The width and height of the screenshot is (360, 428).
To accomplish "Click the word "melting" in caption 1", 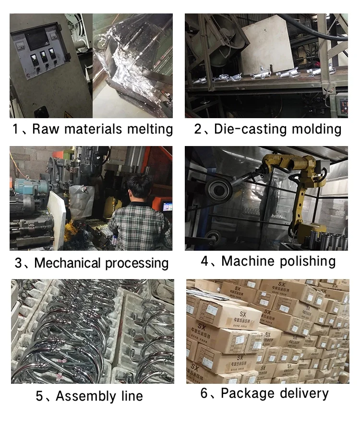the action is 150,130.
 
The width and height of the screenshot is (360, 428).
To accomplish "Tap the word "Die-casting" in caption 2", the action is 244,129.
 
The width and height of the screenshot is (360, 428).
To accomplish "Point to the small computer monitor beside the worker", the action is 167,206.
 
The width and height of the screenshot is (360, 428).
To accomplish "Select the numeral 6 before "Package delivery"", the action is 204,393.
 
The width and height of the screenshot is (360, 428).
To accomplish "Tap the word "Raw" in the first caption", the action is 45,130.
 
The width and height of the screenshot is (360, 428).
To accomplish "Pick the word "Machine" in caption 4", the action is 248,261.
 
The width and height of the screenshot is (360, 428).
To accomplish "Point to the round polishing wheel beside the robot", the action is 218,188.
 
